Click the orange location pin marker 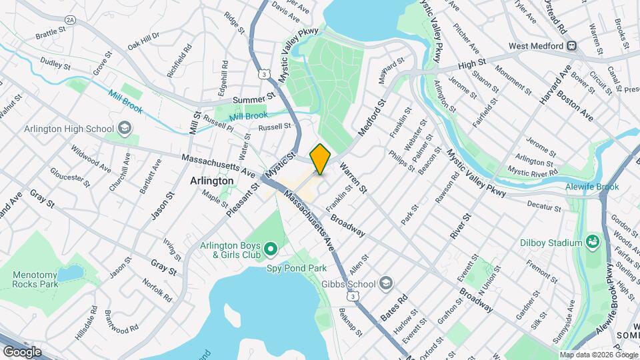click(320, 159)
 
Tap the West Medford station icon click(571, 46)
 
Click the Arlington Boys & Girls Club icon click(270, 249)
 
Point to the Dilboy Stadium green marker click(591, 240)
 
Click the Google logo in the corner click(22, 351)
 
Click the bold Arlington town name click(211, 181)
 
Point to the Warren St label click(353, 178)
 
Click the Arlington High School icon click(124, 128)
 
